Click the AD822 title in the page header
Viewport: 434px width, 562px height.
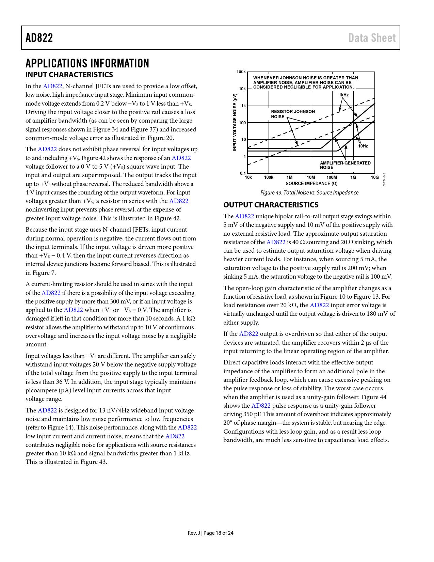pyautogui.click(x=39, y=38)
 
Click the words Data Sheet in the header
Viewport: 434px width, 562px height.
pyautogui.click(x=372, y=38)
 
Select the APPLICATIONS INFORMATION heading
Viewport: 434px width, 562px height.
pyautogui.click(x=87, y=63)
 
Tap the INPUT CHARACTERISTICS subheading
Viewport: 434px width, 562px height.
pyautogui.click(x=69, y=75)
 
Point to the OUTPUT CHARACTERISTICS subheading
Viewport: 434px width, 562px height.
pyautogui.click(x=271, y=205)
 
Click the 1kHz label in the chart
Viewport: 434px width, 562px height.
pyautogui.click(x=343, y=95)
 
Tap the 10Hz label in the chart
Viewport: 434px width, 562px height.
pyautogui.click(x=363, y=146)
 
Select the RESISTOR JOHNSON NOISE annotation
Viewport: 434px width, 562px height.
pyautogui.click(x=292, y=114)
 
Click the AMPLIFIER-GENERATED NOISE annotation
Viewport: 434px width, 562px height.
pyautogui.click(x=345, y=165)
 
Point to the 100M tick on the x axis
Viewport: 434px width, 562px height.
pyautogui.click(x=332, y=177)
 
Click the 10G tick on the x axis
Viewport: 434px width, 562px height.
pyautogui.click(x=374, y=177)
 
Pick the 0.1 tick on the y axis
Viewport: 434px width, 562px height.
pyautogui.click(x=243, y=173)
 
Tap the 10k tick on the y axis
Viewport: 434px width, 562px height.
pyautogui.click(x=242, y=89)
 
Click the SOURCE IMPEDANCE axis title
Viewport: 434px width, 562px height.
pyautogui.click(x=311, y=183)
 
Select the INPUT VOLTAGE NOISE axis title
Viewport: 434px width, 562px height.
pyautogui.click(x=235, y=122)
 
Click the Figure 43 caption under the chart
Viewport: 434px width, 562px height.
pyautogui.click(x=309, y=192)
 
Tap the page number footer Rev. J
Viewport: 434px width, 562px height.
pyautogui.click(x=210, y=533)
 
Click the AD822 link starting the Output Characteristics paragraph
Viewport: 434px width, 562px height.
pyautogui.click(x=244, y=216)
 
